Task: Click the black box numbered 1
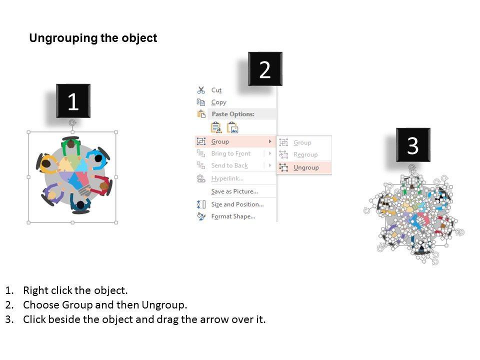(x=73, y=100)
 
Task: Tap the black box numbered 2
(x=265, y=69)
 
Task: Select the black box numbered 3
(x=413, y=145)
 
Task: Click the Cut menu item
(x=216, y=90)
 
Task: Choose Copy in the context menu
(x=218, y=102)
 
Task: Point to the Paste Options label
(x=233, y=114)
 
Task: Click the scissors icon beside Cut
(x=201, y=90)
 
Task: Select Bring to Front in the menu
(x=231, y=153)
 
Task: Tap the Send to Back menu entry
(x=229, y=165)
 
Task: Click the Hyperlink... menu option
(x=227, y=178)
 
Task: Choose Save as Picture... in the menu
(x=234, y=191)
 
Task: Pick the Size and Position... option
(x=237, y=204)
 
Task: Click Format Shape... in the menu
(x=233, y=216)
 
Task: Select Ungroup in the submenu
(x=306, y=167)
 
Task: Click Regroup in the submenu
(x=305, y=154)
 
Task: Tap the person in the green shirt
(x=71, y=146)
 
